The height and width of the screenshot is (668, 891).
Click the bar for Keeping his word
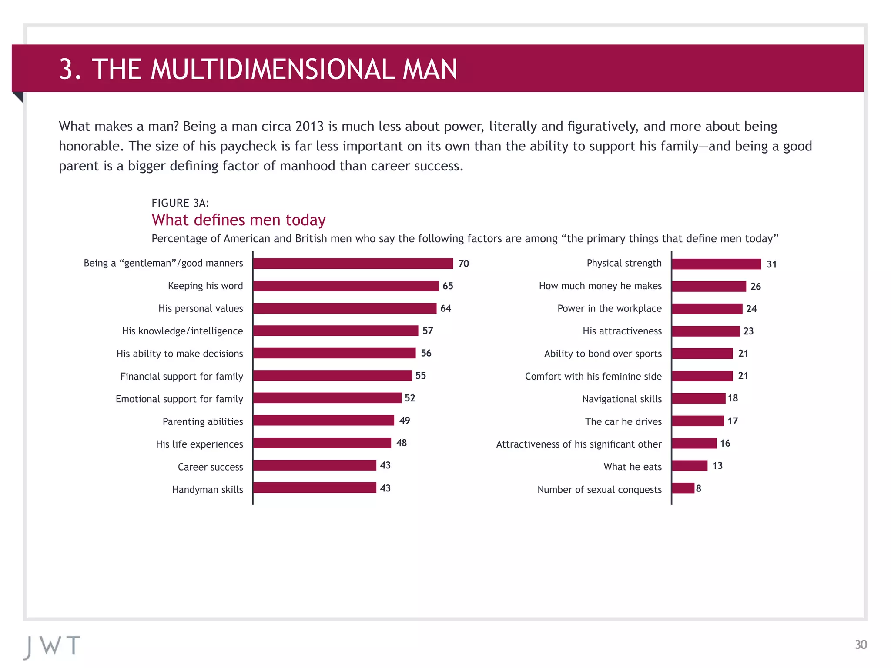pos(346,286)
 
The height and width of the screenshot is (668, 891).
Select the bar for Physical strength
pos(717,264)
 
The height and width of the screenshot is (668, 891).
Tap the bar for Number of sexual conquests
pos(683,488)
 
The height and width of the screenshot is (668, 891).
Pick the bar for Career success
pos(315,465)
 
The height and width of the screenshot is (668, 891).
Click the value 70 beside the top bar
pos(463,264)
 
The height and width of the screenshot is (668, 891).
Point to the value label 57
pos(428,331)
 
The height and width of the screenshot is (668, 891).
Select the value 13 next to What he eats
pos(717,466)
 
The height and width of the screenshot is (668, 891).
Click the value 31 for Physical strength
pos(771,264)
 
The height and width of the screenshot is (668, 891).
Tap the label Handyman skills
pos(208,490)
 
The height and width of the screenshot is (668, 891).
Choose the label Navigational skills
pos(622,399)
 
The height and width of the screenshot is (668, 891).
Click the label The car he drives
pos(623,421)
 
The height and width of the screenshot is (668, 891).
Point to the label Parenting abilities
pos(203,422)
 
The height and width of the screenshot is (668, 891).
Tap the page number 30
pos(861,645)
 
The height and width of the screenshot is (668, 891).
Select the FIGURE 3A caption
pos(180,203)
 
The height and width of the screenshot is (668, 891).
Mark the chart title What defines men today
pos(238,220)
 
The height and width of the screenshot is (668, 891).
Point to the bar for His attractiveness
pos(706,331)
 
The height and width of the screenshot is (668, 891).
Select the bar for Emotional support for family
pos(327,398)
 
